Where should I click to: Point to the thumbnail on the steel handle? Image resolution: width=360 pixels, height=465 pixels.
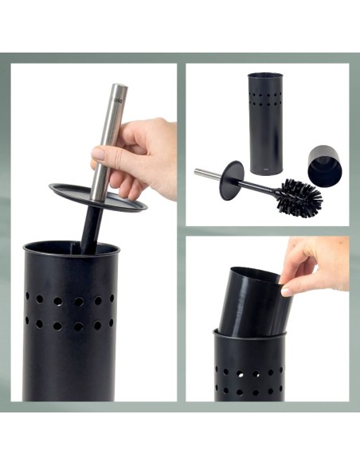[x=98, y=153]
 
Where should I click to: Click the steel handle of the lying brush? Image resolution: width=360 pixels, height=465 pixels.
[x=207, y=173]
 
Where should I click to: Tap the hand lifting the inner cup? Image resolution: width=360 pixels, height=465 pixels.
[x=319, y=263]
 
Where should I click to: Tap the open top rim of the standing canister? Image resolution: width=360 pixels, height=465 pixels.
[x=266, y=75]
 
